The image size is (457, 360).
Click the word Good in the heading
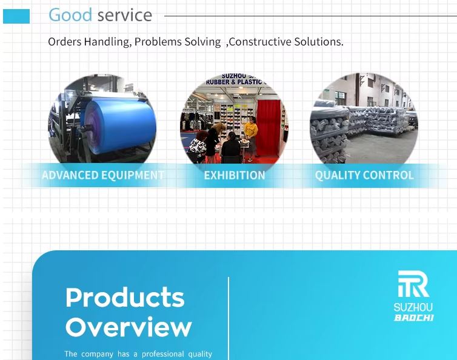(70, 15)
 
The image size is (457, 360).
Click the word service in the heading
(125, 15)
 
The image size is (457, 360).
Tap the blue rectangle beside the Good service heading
(16, 16)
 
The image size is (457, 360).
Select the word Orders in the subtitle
(65, 42)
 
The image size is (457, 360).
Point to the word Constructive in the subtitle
(259, 42)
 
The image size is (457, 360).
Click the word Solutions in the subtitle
(318, 42)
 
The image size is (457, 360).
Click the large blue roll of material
(121, 125)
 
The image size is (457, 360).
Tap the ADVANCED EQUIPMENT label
(103, 175)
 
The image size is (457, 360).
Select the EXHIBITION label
(235, 176)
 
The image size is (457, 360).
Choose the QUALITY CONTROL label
(364, 175)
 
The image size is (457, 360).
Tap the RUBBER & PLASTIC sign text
(235, 82)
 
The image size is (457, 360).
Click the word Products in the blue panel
(125, 298)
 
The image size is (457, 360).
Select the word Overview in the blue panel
(128, 327)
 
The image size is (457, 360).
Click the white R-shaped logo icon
(413, 284)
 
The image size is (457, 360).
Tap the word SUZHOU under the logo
(413, 307)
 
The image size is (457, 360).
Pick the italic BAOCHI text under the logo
(414, 318)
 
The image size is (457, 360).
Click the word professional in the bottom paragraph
(162, 354)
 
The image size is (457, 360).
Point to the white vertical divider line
(228, 319)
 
